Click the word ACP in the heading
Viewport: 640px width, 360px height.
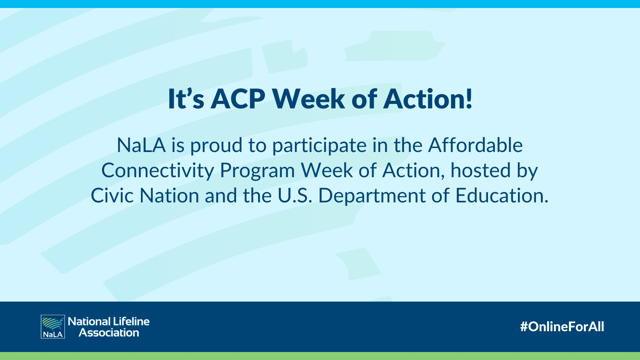pyautogui.click(x=238, y=99)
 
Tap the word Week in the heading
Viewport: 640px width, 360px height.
pyautogui.click(x=308, y=99)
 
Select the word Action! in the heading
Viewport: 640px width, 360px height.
pyautogui.click(x=428, y=99)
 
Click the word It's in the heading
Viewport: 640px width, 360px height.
pyautogui.click(x=186, y=99)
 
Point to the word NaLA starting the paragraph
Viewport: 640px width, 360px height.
pyautogui.click(x=141, y=145)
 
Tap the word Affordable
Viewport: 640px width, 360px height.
pyautogui.click(x=475, y=145)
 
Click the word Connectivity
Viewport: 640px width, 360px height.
pyautogui.click(x=158, y=171)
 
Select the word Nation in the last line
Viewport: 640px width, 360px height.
pyautogui.click(x=169, y=196)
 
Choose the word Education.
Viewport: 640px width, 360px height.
pyautogui.click(x=502, y=196)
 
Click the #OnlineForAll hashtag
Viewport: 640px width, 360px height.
pyautogui.click(x=562, y=327)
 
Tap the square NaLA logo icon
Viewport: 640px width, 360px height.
pyautogui.click(x=53, y=327)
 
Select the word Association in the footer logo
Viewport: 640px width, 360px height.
pyautogui.click(x=109, y=333)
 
